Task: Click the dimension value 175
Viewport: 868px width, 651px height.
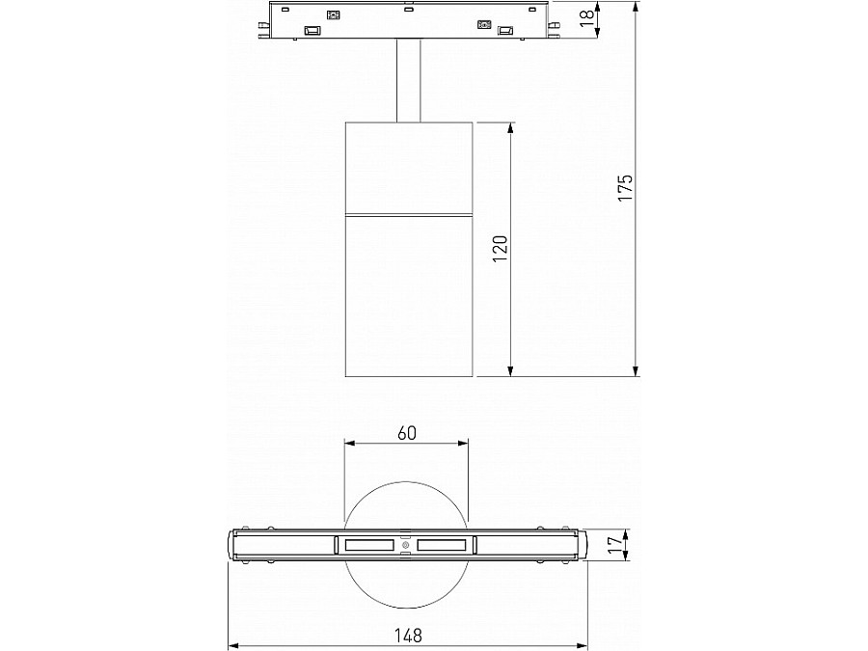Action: pyautogui.click(x=625, y=189)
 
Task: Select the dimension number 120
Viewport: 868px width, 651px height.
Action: pyautogui.click(x=499, y=248)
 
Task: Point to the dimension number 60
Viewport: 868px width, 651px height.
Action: pyautogui.click(x=407, y=433)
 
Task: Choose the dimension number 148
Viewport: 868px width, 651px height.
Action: pyautogui.click(x=408, y=635)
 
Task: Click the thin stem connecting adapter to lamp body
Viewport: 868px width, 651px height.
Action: pyautogui.click(x=407, y=81)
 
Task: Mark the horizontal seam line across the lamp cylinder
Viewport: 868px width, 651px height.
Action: pyautogui.click(x=407, y=214)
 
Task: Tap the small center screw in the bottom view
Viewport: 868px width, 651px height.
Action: pyautogui.click(x=406, y=546)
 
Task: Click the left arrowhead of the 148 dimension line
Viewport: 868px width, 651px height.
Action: pyautogui.click(x=232, y=645)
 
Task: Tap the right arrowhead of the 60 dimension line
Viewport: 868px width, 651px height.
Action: pyautogui.click(x=464, y=444)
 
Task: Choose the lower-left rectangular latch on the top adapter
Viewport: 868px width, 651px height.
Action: pyautogui.click(x=312, y=32)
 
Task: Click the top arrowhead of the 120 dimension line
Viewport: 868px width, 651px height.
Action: pyautogui.click(x=510, y=127)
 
